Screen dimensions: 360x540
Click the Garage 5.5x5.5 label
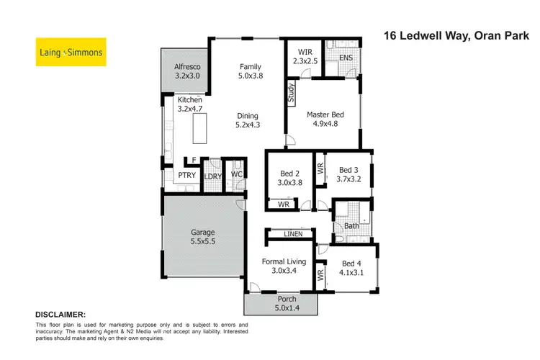203,238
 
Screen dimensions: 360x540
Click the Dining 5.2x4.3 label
248,121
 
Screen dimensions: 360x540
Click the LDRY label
212,176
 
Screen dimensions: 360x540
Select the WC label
235,174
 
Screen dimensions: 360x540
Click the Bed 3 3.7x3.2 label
346,175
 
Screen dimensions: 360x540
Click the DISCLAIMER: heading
60,315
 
